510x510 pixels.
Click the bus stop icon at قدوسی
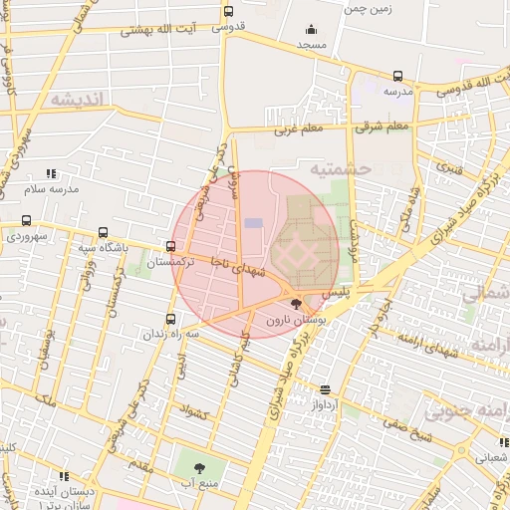pyautogui.click(x=229, y=12)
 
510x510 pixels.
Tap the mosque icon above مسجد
pyautogui.click(x=312, y=30)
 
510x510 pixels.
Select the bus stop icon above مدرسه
pyautogui.click(x=397, y=75)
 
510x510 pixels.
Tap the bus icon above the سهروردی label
pyautogui.click(x=25, y=221)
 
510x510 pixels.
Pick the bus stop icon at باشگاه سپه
pyautogui.click(x=102, y=233)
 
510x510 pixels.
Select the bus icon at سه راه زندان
pyautogui.click(x=170, y=319)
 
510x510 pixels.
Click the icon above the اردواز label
pyautogui.click(x=327, y=390)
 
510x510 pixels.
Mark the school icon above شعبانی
pyautogui.click(x=503, y=444)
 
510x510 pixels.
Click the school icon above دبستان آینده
pyautogui.click(x=66, y=477)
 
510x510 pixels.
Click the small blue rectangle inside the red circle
pyautogui.click(x=255, y=222)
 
